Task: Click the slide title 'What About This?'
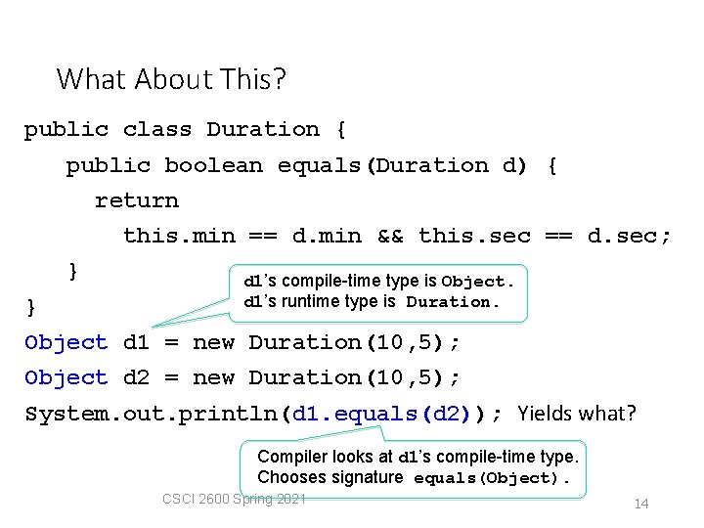pyautogui.click(x=171, y=78)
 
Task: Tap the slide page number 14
pyautogui.click(x=641, y=504)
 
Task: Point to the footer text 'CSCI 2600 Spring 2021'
pyautogui.click(x=235, y=500)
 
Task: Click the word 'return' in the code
pyautogui.click(x=137, y=200)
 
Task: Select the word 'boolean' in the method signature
pyautogui.click(x=213, y=165)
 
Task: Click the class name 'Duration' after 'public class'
pyautogui.click(x=263, y=129)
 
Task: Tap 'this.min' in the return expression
pyautogui.click(x=179, y=236)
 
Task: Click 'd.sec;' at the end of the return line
pyautogui.click(x=630, y=236)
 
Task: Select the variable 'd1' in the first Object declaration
pyautogui.click(x=137, y=342)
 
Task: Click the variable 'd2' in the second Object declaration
pyautogui.click(x=137, y=377)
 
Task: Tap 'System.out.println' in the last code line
pyautogui.click(x=152, y=414)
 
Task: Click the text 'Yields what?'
pyautogui.click(x=577, y=414)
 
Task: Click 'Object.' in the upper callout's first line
pyautogui.click(x=477, y=282)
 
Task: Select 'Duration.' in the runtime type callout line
pyautogui.click(x=453, y=302)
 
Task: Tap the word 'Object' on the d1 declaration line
pyautogui.click(x=66, y=342)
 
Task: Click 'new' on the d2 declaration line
pyautogui.click(x=213, y=377)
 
